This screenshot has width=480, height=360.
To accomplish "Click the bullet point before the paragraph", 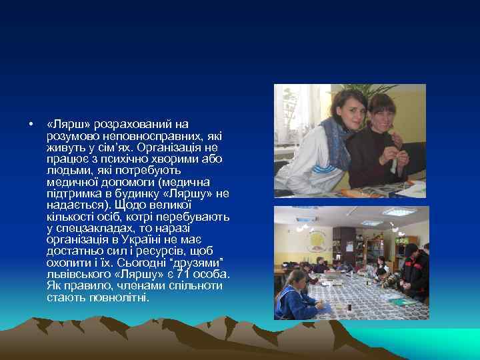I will [31, 124].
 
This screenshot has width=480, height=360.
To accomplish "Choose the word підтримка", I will [73, 194].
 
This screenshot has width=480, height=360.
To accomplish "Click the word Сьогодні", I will [140, 263].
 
